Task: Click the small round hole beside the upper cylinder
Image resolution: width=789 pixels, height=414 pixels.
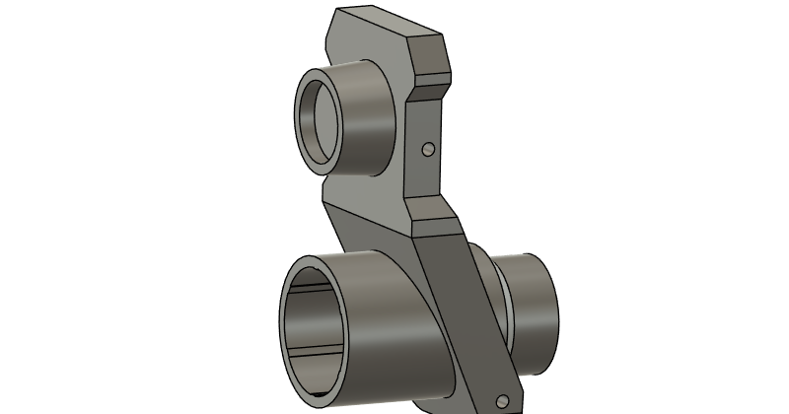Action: coord(428,149)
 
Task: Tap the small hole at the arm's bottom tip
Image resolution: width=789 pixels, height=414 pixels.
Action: coord(503,401)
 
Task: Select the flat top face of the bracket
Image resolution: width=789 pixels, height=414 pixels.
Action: coord(390,25)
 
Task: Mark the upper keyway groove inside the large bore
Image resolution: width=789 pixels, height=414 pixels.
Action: coord(316,294)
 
